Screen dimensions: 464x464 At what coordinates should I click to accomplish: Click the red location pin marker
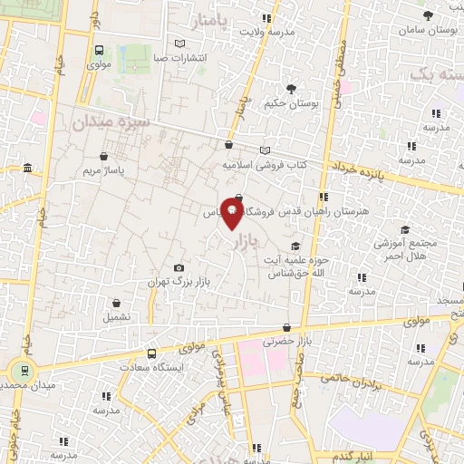click(233, 215)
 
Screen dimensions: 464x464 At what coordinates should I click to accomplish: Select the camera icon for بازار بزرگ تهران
click(179, 268)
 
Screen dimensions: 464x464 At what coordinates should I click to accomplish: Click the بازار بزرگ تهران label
click(180, 283)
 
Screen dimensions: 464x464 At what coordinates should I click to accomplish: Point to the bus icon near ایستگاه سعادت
click(151, 353)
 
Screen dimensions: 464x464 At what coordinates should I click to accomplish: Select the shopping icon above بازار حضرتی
click(287, 328)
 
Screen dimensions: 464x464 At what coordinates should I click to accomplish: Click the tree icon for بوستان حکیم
click(291, 89)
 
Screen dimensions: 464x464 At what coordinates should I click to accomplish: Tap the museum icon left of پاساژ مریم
click(28, 169)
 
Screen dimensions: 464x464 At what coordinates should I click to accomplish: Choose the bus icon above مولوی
click(98, 51)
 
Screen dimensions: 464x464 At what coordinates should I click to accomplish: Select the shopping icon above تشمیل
click(116, 304)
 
